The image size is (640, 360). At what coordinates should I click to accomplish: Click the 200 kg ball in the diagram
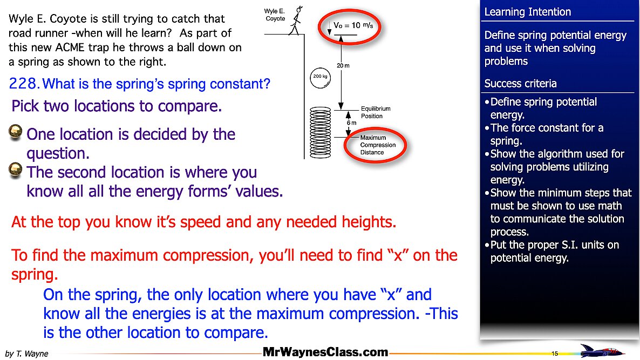pos(321,78)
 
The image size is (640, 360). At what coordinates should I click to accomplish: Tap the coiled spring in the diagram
pos(321,133)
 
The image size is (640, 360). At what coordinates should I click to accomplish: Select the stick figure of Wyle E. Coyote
pos(296,21)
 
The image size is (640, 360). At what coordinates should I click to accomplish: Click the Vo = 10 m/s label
pos(353,25)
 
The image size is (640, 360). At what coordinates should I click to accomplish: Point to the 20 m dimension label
pos(343,65)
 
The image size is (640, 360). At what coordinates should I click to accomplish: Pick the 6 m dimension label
pos(351,123)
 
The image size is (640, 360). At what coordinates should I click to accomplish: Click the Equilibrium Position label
pos(376,112)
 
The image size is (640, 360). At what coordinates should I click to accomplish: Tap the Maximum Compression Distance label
pos(378,145)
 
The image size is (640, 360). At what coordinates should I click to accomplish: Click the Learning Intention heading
pos(527,12)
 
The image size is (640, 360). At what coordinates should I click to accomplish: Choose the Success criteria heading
pos(520,84)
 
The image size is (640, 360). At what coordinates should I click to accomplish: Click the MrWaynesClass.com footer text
pos(325,352)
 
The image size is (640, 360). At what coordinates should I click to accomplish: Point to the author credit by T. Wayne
pos(26,354)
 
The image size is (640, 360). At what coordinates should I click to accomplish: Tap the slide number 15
pos(555,354)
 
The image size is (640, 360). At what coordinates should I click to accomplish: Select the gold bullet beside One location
pos(15,132)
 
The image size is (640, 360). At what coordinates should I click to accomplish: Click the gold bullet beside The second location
pos(15,170)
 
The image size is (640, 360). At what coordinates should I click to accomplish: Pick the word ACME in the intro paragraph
pos(71,47)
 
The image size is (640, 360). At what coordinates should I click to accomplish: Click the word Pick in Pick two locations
pos(25,106)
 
